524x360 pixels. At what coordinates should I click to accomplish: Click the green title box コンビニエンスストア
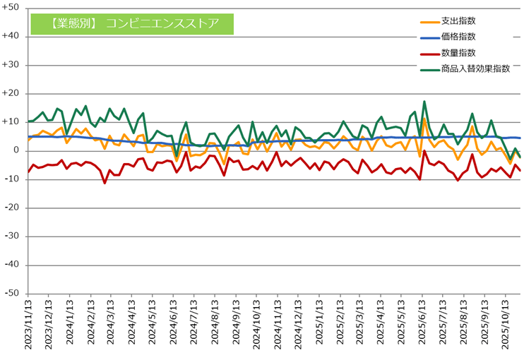point(133,23)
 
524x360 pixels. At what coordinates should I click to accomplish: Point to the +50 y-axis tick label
point(13,8)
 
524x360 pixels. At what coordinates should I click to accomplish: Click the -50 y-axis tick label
point(13,294)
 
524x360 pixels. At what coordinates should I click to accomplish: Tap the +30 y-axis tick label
point(13,65)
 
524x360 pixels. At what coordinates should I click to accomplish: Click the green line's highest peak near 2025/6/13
point(424,102)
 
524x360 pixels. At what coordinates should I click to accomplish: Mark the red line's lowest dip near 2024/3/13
point(105,183)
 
